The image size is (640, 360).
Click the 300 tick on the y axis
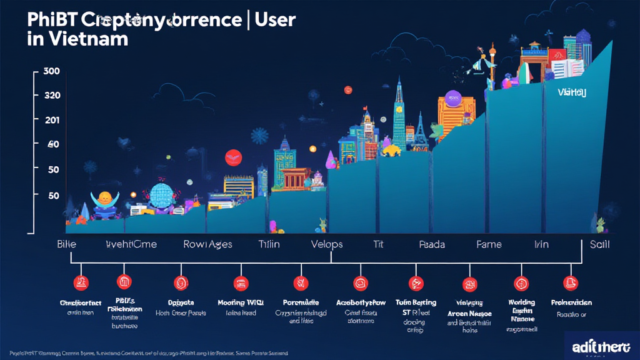click(52, 71)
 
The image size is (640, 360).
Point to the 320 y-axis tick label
click(52, 96)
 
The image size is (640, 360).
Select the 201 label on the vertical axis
click(52, 120)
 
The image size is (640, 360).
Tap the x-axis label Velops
click(327, 244)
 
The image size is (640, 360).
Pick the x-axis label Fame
click(489, 244)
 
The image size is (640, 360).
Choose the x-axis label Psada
click(432, 244)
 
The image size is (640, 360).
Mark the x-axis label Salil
click(599, 244)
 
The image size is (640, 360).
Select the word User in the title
click(273, 19)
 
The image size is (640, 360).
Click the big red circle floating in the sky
click(233, 157)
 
